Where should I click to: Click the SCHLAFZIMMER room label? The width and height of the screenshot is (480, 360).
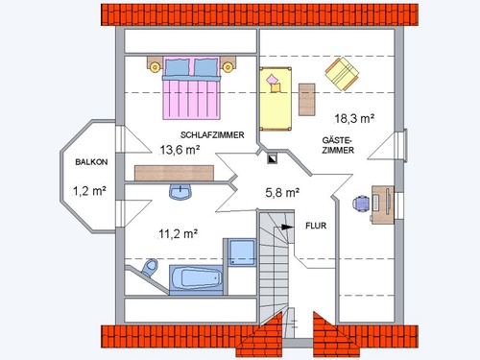tap(212, 135)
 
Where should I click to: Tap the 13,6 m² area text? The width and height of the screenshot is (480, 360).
tap(180, 150)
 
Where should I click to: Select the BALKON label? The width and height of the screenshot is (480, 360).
tap(91, 162)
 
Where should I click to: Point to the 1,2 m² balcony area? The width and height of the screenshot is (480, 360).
tap(89, 191)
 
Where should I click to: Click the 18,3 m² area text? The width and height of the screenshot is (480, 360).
tap(354, 119)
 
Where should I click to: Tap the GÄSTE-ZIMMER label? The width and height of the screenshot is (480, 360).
tap(338, 145)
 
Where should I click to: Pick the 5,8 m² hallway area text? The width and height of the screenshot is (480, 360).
tap(282, 193)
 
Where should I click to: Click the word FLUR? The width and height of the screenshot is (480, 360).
tap(316, 226)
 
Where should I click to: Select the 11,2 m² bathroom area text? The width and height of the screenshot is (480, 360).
tap(178, 234)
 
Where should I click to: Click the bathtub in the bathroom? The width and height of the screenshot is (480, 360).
tap(196, 278)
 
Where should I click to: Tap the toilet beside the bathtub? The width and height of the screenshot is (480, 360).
tap(150, 268)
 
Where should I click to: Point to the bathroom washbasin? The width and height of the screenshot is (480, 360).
tap(180, 192)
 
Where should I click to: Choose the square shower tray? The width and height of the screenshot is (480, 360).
tap(242, 252)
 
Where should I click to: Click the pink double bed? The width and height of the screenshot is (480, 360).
tap(191, 88)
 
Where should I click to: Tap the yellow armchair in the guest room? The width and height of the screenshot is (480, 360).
tap(342, 74)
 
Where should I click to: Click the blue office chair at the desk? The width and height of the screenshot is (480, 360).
tap(361, 204)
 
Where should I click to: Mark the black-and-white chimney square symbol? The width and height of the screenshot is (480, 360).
tap(273, 159)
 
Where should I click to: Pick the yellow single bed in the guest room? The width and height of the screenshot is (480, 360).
tap(276, 99)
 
